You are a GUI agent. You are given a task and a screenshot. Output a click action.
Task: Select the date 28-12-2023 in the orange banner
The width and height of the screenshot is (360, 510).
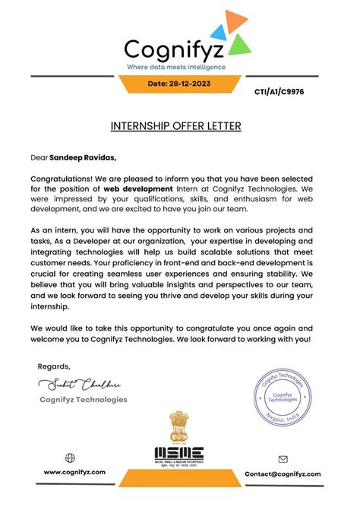click(x=179, y=84)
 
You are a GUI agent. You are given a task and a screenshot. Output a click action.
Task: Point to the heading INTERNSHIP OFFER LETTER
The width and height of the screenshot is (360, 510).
click(x=179, y=125)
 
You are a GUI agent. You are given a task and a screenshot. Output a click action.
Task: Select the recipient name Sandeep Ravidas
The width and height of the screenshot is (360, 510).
click(x=83, y=157)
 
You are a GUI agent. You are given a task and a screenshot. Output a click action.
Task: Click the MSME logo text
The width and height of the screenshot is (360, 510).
click(x=179, y=455)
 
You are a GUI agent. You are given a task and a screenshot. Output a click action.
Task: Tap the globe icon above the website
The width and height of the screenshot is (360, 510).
click(x=71, y=458)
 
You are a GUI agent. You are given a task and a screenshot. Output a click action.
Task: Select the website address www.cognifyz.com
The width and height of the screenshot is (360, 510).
click(x=74, y=473)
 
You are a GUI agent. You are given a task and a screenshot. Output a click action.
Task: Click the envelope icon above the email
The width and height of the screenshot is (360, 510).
click(x=283, y=459)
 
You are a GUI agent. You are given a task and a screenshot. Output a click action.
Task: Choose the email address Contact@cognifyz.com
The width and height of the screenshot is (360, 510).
click(x=283, y=474)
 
